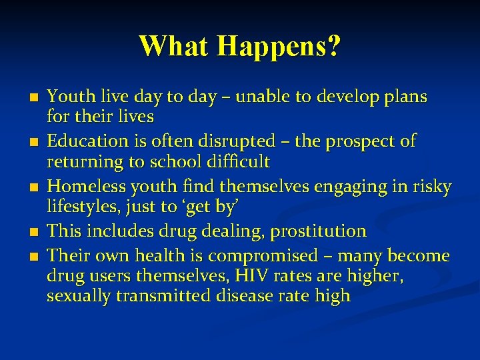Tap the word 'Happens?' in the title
click(x=279, y=47)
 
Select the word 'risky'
click(x=430, y=187)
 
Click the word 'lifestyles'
click(x=79, y=207)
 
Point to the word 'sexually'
click(x=79, y=296)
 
